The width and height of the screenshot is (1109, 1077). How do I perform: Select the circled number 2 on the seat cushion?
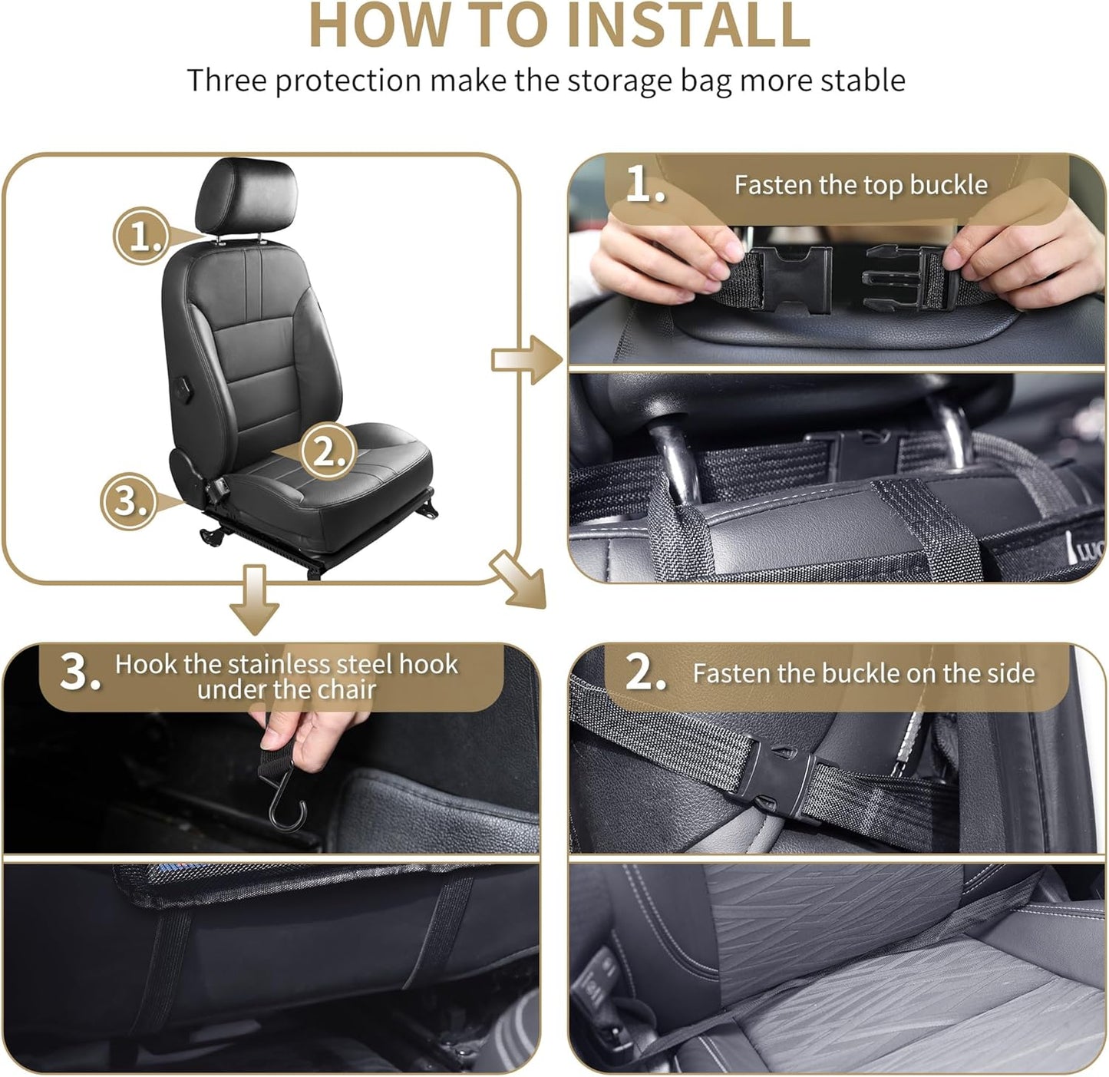[328, 451]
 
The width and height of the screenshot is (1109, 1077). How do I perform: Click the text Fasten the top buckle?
[860, 185]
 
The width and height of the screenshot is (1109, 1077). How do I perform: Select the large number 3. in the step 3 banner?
[80, 673]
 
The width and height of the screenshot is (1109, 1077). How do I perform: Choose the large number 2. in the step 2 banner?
[645, 673]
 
